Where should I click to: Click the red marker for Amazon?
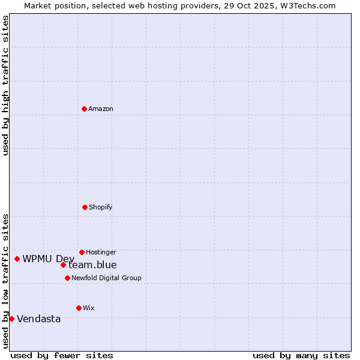click(84, 109)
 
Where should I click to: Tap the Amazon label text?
click(101, 109)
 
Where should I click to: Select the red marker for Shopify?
click(85, 207)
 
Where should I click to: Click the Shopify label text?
click(101, 207)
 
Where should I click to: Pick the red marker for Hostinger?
click(82, 252)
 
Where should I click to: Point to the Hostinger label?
click(101, 252)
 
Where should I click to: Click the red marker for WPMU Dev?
click(17, 259)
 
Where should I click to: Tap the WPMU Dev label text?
click(48, 259)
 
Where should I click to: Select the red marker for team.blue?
click(63, 265)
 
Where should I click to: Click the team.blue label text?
click(92, 265)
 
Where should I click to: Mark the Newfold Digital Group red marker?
click(67, 278)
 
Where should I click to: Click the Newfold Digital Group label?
click(106, 278)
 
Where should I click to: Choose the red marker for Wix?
click(79, 308)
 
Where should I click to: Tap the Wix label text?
click(88, 308)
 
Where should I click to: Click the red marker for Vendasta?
click(11, 319)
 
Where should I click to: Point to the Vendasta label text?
click(39, 319)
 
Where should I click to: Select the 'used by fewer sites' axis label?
click(62, 355)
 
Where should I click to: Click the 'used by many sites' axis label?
click(301, 355)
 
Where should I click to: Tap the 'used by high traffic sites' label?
click(5, 85)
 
